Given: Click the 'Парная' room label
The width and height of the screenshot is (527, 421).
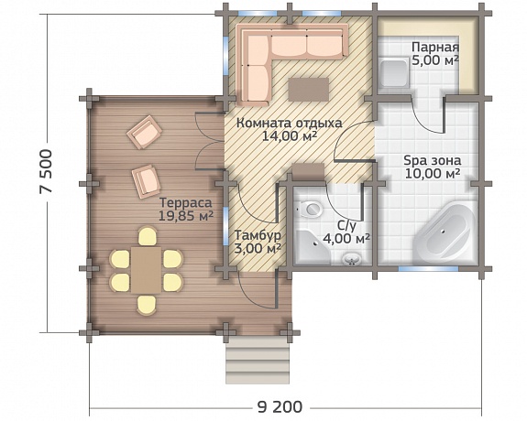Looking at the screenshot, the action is coord(435,47).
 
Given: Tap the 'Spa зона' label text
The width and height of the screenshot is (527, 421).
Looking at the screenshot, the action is coord(433,160).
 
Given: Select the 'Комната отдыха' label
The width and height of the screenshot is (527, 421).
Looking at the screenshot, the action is coord(290,124).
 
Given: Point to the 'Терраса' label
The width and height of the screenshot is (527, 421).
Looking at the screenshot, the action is coord(185,203).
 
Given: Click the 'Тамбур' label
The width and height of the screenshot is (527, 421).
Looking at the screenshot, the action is coord(258,235).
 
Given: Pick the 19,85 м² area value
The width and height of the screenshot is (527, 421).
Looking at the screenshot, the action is coord(186,216).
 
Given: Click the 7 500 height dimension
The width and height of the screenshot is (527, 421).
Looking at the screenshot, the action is coord(46,171).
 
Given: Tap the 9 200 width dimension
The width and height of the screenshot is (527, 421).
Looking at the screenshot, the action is coord(280,407).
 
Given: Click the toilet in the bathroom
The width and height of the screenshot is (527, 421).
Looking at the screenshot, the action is coord(310,209).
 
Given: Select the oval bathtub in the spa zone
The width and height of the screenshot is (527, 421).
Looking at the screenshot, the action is coord(444,232).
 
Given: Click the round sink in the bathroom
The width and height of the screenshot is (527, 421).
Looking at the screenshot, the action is coord(352,259).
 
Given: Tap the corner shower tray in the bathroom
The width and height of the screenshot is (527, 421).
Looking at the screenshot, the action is coord(312,247).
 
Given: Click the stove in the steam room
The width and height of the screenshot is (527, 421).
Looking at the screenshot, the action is coord(394,74).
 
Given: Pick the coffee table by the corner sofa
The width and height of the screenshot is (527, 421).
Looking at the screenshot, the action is coord(309,90).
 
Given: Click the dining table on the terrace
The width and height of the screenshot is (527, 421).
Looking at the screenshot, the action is coord(147,270).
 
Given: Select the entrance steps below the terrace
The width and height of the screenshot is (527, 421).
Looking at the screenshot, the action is coord(258,360).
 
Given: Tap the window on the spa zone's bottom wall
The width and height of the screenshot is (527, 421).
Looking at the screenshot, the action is coord(428,268).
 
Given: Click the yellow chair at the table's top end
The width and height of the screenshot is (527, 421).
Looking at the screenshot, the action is coord(147,236).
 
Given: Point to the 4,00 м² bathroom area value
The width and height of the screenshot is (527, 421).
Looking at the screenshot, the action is coord(346,239).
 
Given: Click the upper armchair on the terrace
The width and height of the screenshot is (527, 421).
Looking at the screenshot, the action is coord(144,132).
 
